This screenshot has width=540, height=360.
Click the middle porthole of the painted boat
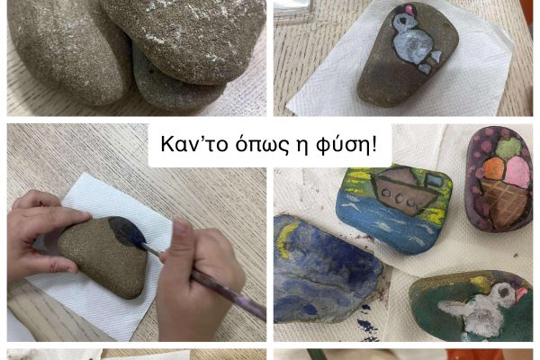pos(400,198)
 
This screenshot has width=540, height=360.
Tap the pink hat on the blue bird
pos(409,9)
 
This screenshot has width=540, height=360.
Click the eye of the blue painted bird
pos(401,21)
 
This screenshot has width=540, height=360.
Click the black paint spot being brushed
pos(127,231)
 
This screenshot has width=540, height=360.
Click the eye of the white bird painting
pos(504,292)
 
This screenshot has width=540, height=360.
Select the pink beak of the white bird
pos(521,293)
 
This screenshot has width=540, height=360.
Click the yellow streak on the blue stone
pos(286,238)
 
